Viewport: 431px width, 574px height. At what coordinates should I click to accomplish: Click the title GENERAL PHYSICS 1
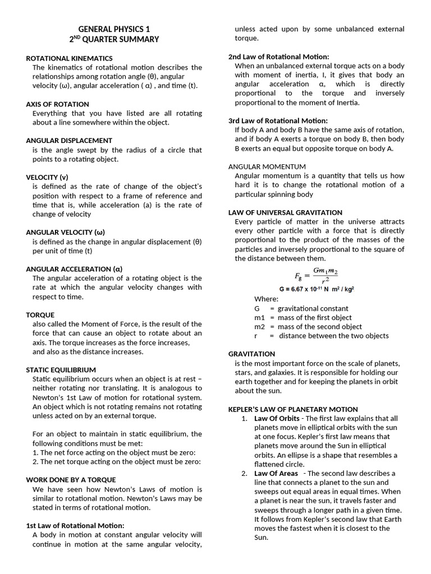(114, 29)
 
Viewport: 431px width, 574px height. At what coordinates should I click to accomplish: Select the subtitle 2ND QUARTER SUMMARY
(114, 39)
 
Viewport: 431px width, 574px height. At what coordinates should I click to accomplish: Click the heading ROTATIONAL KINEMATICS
(69, 58)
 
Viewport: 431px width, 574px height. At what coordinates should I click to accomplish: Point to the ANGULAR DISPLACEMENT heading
(69, 141)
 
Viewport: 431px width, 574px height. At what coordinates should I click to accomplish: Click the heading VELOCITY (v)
(47, 177)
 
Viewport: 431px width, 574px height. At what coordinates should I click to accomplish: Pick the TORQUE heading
(40, 315)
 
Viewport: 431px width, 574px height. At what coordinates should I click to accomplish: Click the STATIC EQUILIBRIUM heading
(61, 370)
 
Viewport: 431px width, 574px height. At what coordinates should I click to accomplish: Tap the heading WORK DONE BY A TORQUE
(71, 480)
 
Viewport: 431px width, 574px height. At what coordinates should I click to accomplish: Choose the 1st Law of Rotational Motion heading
(75, 526)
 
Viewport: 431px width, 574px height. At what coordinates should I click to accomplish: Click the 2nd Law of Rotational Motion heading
(278, 57)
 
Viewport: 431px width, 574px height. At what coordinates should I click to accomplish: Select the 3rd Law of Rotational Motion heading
(278, 121)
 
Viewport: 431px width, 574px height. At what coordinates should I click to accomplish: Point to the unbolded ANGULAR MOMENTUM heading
(267, 166)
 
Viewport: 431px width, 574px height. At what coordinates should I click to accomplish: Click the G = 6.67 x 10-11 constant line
(316, 289)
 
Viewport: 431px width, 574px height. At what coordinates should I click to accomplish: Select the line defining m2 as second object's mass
(308, 327)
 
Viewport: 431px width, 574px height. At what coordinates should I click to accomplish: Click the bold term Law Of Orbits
(277, 419)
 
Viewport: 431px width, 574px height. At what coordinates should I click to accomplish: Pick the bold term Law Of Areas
(276, 474)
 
